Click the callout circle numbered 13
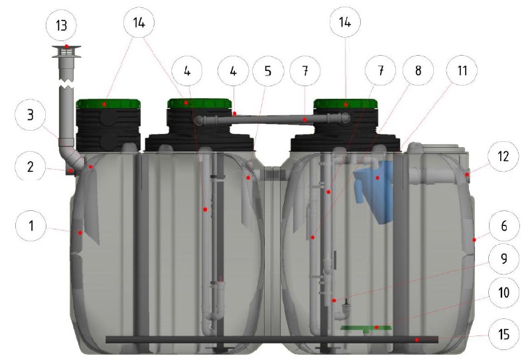point(61,26)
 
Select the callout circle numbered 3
point(31,115)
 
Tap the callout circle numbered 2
point(31,166)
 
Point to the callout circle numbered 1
point(31,226)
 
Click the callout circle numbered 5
point(268,71)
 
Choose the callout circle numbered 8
point(418,70)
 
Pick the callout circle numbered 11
point(462,70)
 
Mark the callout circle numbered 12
point(503,156)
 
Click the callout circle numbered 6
point(504,226)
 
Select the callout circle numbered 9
point(504,259)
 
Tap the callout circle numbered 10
point(504,292)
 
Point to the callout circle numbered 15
point(504,334)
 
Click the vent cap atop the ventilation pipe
point(66,52)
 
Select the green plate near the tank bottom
point(366,328)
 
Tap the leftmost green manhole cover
point(108,103)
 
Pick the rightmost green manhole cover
point(346,103)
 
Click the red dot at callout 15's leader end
point(417,339)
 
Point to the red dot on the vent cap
point(67,46)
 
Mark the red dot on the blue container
point(377,178)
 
